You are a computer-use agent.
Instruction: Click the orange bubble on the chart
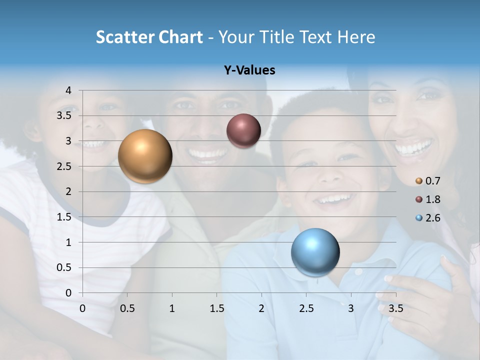[145, 156]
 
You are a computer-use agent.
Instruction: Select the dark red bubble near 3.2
[243, 131]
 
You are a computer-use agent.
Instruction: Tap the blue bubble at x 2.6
[315, 252]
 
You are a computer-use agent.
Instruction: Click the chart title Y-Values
[249, 70]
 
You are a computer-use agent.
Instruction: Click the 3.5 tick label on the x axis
[396, 308]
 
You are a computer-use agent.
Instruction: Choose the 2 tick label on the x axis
[261, 308]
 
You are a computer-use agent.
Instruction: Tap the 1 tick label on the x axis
[172, 308]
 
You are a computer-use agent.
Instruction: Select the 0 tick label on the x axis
[82, 308]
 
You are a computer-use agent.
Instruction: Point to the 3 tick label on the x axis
[351, 308]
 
